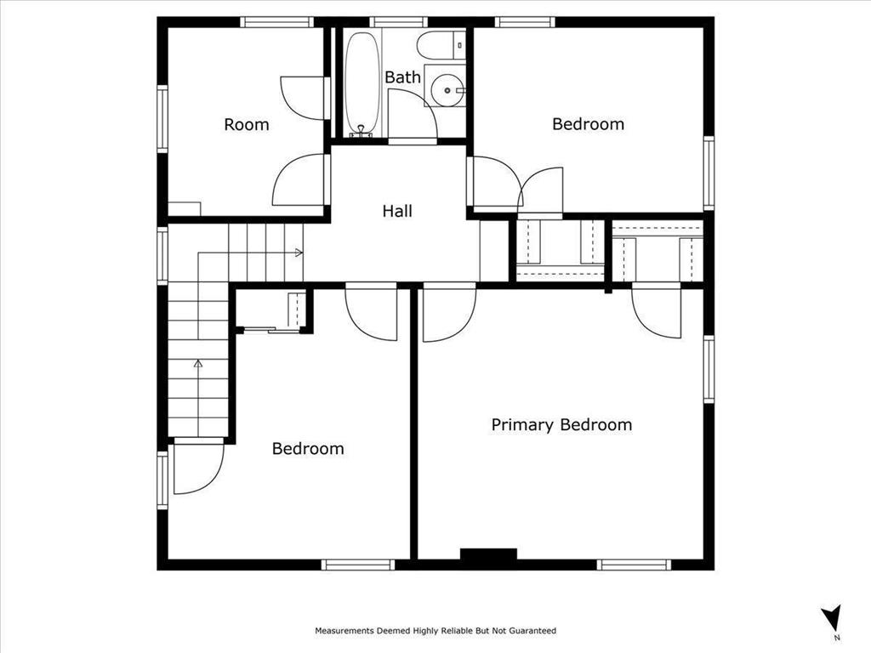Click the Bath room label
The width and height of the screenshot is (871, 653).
[402, 77]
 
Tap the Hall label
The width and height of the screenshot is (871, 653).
[397, 211]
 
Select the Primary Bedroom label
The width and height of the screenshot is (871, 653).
[561, 424]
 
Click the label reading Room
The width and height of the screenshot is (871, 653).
[246, 125]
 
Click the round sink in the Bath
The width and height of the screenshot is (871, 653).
[447, 88]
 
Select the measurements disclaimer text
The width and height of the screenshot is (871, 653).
[435, 631]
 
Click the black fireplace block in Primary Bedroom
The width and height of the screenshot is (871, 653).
[488, 554]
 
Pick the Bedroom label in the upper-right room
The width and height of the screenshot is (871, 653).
[588, 124]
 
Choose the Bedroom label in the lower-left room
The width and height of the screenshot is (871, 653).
[308, 448]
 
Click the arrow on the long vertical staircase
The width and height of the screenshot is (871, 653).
[198, 364]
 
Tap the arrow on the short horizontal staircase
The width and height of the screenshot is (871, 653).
[298, 253]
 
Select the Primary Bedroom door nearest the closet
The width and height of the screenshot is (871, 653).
[658, 311]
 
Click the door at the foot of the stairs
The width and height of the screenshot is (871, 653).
[197, 468]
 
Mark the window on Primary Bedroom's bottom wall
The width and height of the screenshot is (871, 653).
[634, 564]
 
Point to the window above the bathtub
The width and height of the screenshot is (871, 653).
[399, 21]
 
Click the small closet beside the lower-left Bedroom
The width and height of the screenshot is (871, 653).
[271, 310]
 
